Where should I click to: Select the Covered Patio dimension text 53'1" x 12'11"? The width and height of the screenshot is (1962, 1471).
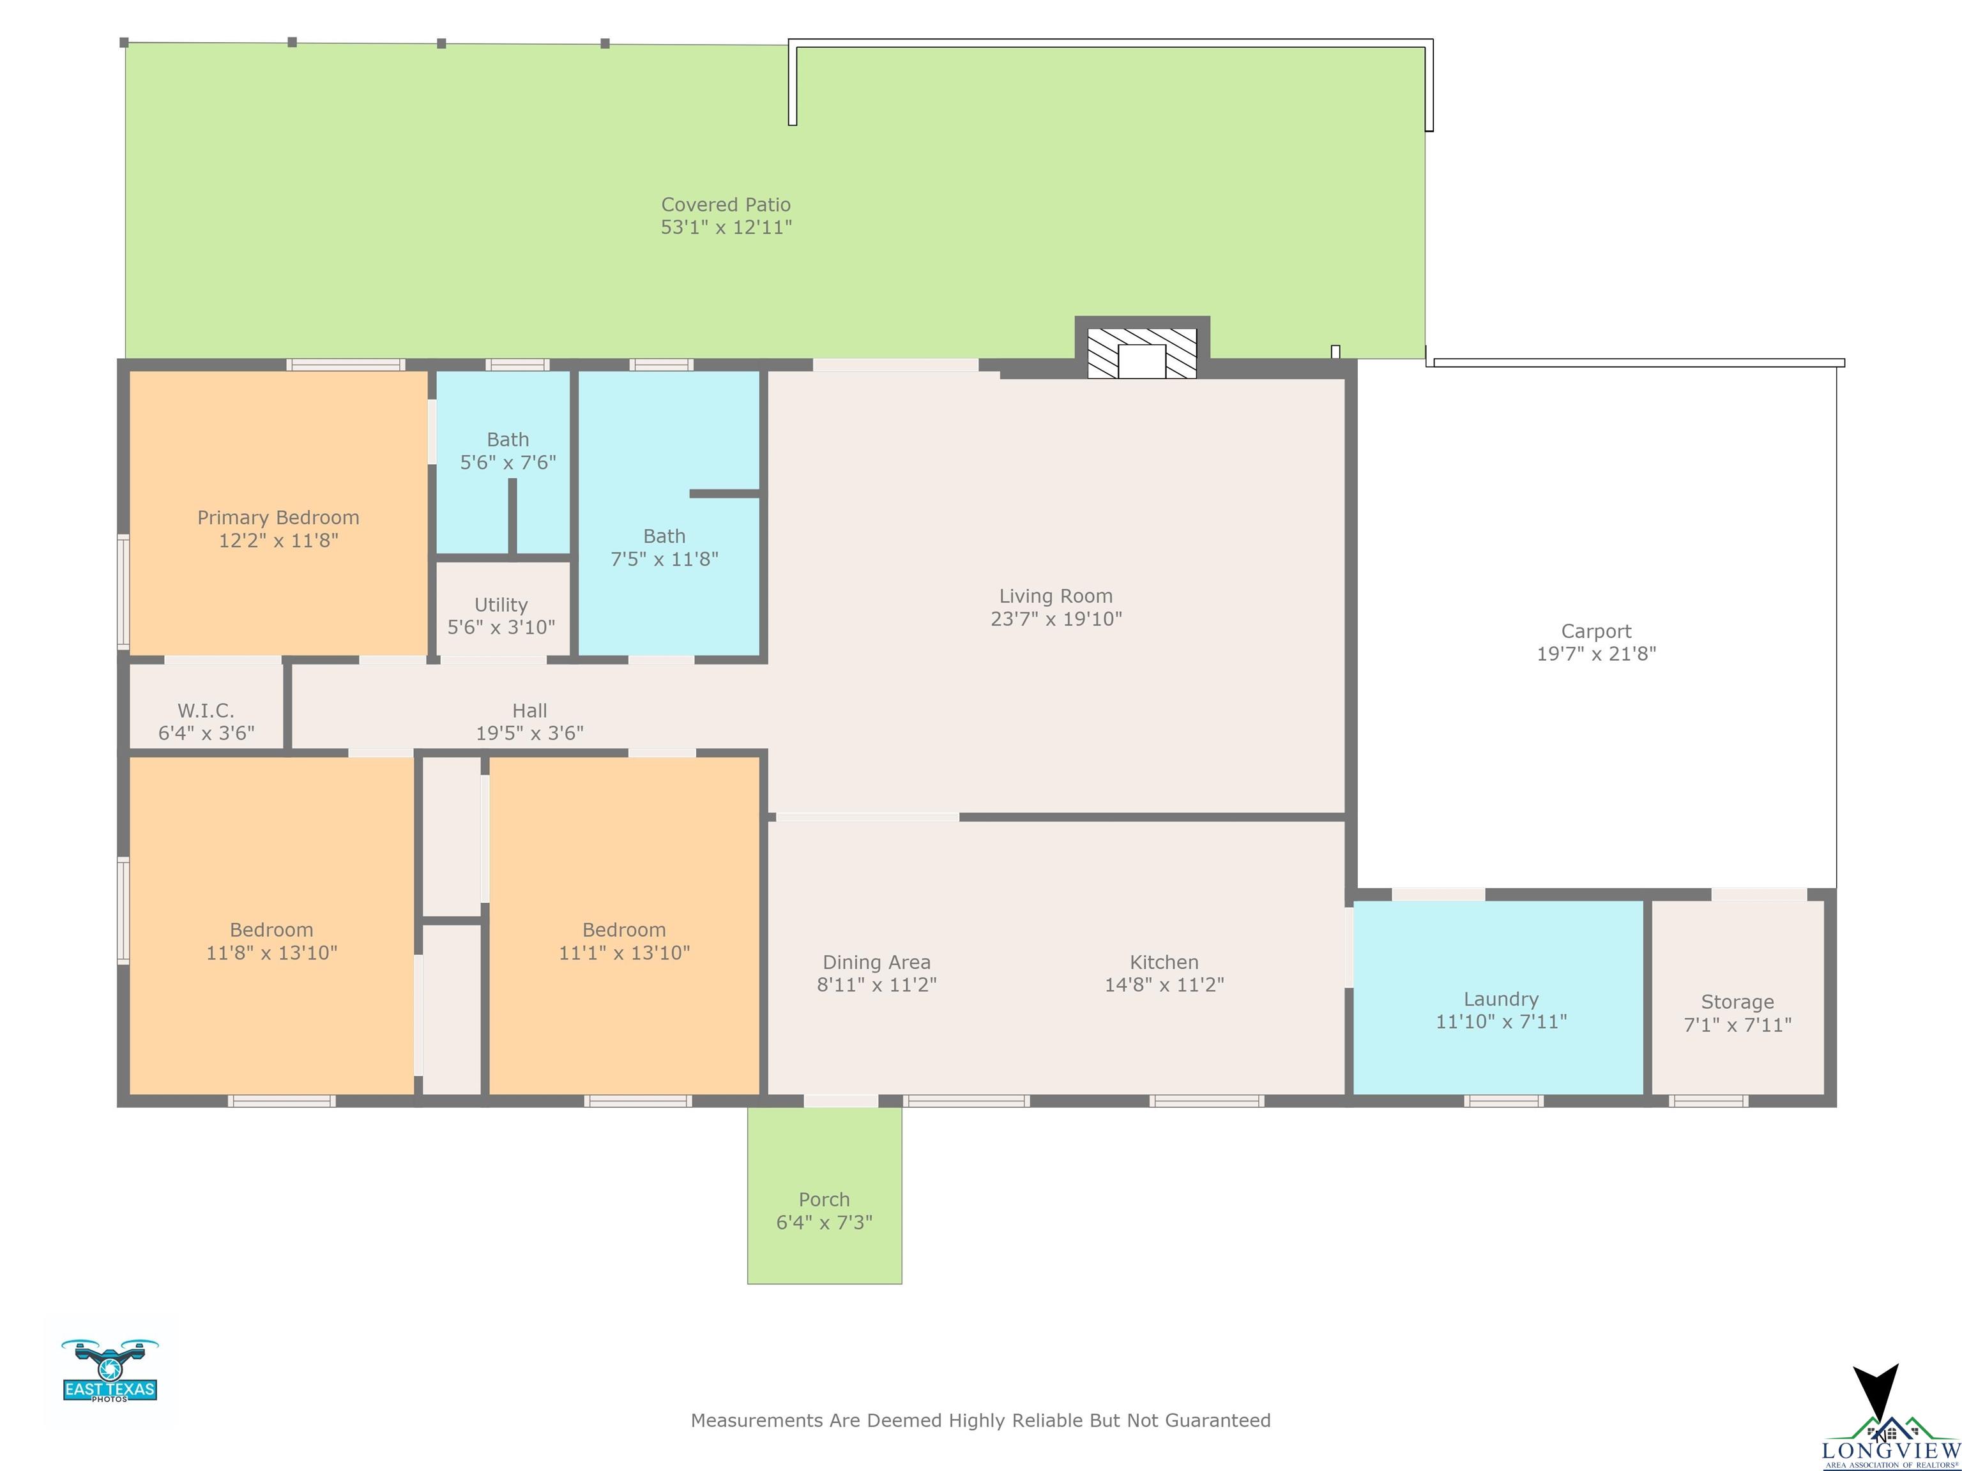(x=726, y=228)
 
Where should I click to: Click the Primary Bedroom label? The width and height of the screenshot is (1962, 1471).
(x=278, y=518)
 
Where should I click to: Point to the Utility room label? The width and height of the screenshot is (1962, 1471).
(x=501, y=605)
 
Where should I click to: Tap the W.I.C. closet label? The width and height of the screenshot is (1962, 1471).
(x=206, y=710)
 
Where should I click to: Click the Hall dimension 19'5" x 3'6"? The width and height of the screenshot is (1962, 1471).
(x=529, y=734)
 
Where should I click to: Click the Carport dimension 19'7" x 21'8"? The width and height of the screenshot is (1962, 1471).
(x=1597, y=654)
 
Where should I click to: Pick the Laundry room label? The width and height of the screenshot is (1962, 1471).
(x=1501, y=999)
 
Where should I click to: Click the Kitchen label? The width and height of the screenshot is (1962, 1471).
(x=1164, y=962)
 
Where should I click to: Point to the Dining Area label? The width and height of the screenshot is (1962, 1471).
(x=876, y=962)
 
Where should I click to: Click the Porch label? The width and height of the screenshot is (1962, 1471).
(x=824, y=1200)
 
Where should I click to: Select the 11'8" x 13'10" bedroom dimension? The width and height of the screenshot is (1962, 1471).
(x=271, y=953)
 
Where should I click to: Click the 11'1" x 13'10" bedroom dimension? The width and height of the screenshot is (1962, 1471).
(x=625, y=953)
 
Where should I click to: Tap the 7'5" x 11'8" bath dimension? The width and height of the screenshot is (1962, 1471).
(x=664, y=559)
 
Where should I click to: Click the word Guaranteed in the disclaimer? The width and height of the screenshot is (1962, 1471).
(x=1218, y=1421)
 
